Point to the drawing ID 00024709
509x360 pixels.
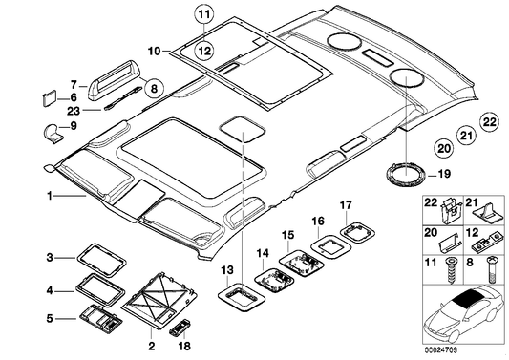point(440,349)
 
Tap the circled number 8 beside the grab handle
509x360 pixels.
point(154,88)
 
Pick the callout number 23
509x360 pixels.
point(74,111)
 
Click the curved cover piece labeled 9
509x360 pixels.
point(53,132)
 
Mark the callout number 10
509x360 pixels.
point(155,51)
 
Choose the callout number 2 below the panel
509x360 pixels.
point(152,347)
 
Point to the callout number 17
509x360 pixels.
point(346,205)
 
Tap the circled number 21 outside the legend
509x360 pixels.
point(466,135)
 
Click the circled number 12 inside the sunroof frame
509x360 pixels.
point(204,51)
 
